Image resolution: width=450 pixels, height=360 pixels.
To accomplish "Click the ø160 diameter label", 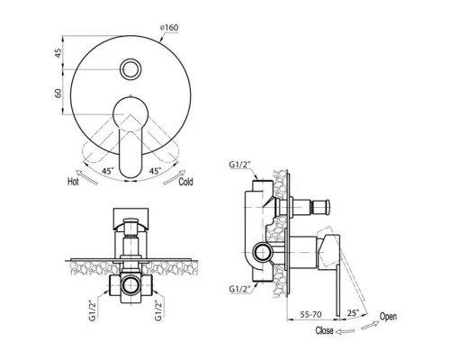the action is (x=169, y=27).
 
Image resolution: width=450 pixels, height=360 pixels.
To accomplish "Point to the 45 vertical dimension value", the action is (x=58, y=53).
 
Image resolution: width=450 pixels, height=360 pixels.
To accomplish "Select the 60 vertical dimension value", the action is (x=58, y=93).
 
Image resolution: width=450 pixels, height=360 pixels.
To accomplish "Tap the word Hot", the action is (x=73, y=182).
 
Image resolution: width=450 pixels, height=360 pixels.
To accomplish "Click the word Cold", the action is (x=185, y=182).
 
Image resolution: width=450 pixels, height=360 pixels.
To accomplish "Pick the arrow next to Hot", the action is (x=86, y=176).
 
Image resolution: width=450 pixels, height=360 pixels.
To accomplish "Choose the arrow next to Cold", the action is (x=175, y=177).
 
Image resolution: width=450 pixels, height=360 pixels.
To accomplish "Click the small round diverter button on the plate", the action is (x=130, y=69).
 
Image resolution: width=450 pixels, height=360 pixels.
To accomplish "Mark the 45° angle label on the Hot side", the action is (x=108, y=171).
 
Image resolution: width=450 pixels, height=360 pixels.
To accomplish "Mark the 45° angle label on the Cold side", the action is (x=156, y=171).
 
